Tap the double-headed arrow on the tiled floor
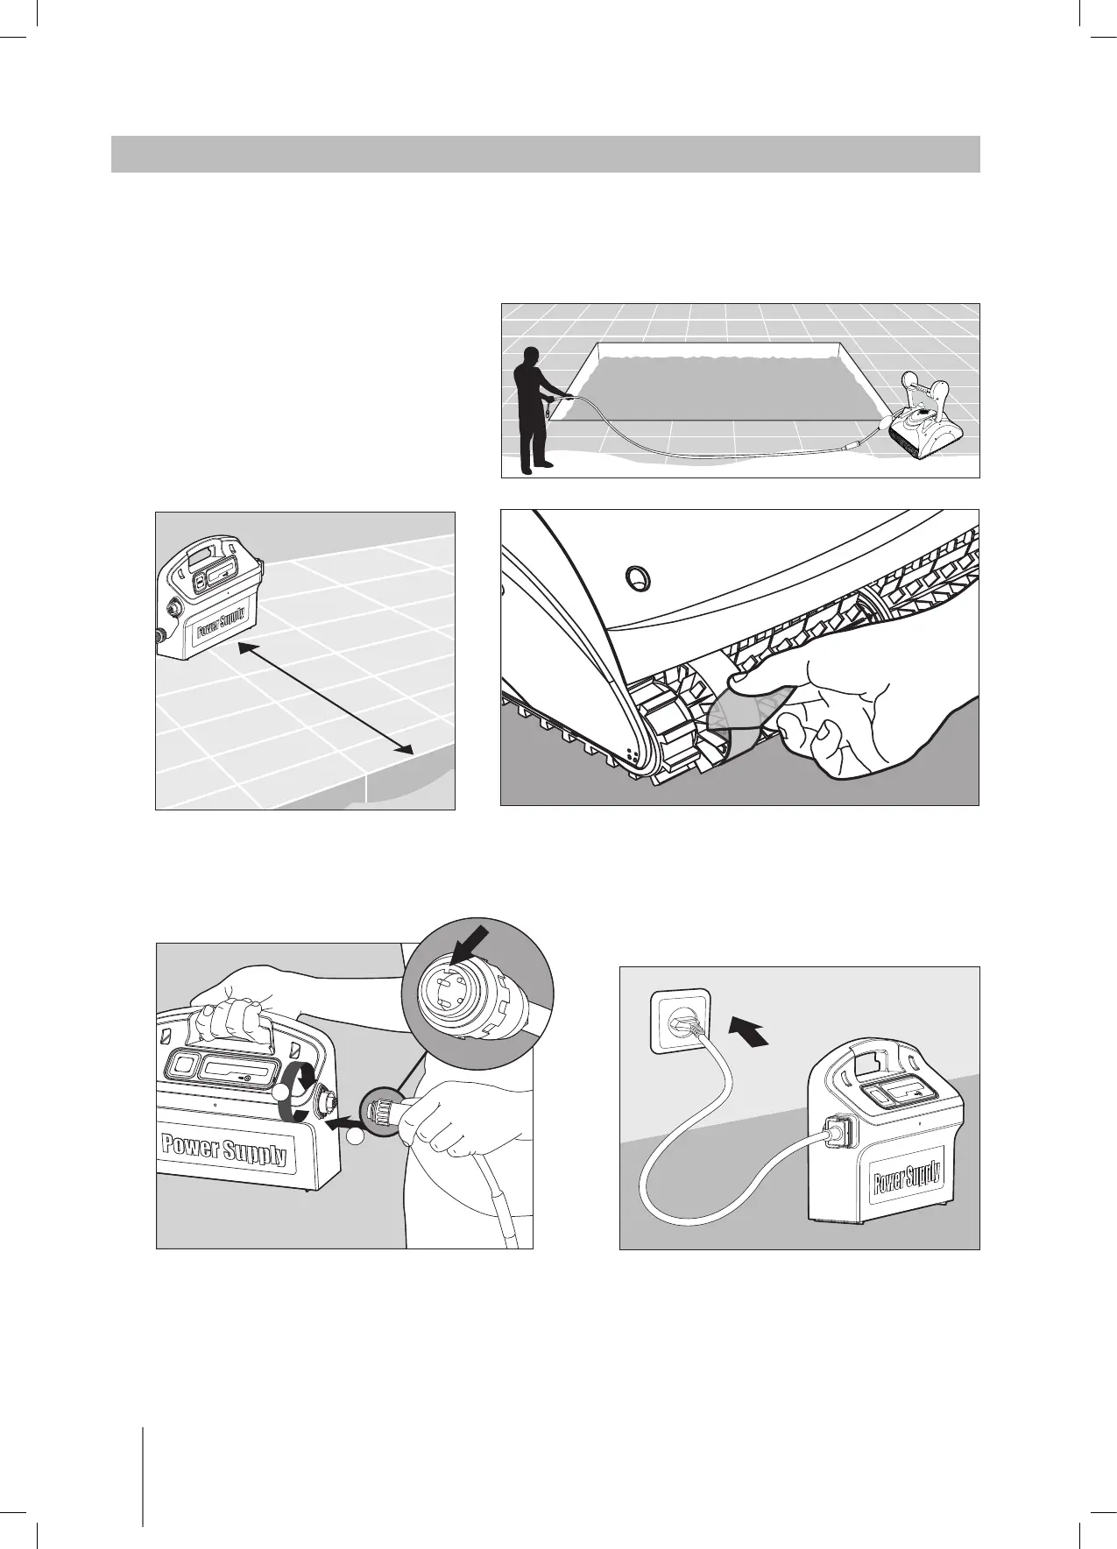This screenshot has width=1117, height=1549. tap(325, 697)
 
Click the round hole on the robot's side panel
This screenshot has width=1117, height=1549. tap(636, 576)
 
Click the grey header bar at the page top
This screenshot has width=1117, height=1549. tap(544, 154)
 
